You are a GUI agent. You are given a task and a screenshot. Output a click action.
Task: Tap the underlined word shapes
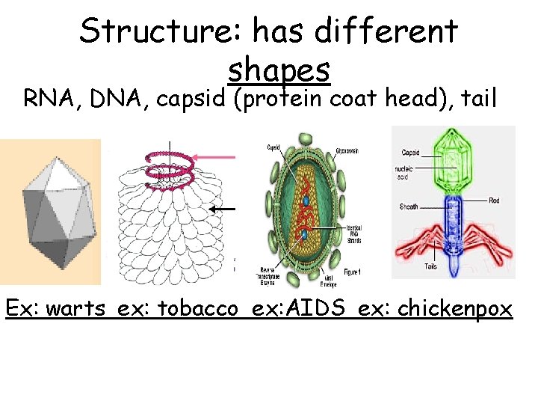pyautogui.click(x=278, y=70)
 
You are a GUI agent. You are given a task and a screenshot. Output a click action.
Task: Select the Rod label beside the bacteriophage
pyautogui.click(x=495, y=200)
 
